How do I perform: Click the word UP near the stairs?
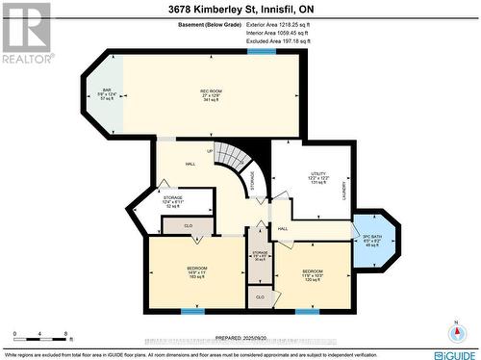[x=210, y=152]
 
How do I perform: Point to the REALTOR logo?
[x=25, y=33]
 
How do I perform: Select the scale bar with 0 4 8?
[x=40, y=337]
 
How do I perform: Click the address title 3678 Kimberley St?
[x=240, y=9]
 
